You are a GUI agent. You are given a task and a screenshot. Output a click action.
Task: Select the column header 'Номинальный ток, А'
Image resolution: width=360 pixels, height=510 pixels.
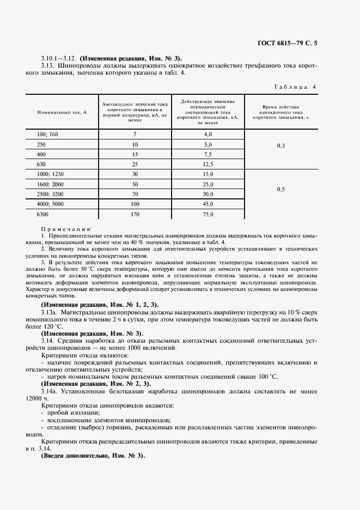(63, 112)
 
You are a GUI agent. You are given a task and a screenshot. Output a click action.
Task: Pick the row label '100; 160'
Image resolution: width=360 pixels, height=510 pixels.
(47, 133)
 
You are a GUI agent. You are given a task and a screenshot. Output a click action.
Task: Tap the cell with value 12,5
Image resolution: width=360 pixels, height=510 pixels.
(208, 164)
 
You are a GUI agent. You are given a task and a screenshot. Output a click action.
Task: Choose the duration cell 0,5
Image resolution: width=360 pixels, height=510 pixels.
(280, 189)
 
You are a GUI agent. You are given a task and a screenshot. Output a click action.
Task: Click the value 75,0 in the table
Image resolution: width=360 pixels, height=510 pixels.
(208, 215)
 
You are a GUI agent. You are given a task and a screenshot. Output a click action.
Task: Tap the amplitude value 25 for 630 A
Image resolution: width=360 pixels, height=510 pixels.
(135, 164)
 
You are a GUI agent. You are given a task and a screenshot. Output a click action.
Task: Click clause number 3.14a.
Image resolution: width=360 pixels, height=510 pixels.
(50, 391)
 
